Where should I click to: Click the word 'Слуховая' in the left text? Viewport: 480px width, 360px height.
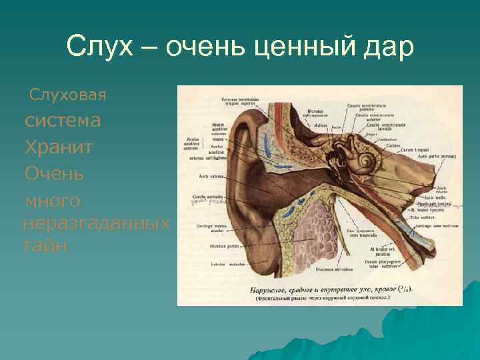pyautogui.click(x=67, y=95)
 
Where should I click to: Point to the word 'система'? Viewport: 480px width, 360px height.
pyautogui.click(x=63, y=121)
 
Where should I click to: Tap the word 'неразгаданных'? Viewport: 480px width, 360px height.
pyautogui.click(x=96, y=222)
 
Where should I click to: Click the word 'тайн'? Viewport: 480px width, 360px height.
pyautogui.click(x=45, y=245)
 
